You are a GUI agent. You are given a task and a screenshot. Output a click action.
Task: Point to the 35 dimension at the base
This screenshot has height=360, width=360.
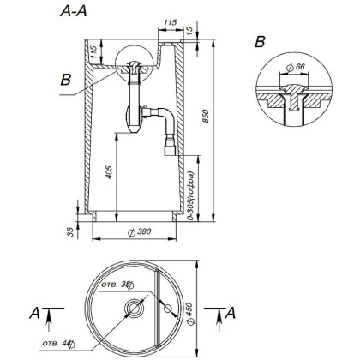point(69,231)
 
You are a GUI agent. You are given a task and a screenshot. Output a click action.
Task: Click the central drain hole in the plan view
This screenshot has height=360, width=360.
point(135,307)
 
